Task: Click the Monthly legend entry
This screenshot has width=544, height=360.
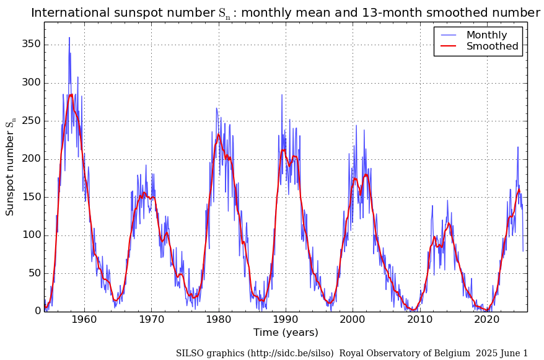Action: click(486, 35)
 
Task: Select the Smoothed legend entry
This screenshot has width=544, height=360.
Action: click(492, 46)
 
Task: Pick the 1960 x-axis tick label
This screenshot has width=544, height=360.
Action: click(84, 320)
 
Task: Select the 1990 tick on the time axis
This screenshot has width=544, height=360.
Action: click(286, 320)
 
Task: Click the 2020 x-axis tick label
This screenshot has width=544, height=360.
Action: click(487, 320)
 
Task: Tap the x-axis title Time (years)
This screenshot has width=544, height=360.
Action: click(286, 333)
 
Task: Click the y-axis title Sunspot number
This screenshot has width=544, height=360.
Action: click(11, 167)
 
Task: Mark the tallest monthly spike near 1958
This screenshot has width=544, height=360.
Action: click(69, 37)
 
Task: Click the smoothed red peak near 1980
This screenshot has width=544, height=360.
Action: click(218, 134)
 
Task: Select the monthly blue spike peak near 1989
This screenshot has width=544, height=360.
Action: click(281, 95)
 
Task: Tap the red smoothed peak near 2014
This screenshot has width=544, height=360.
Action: click(448, 223)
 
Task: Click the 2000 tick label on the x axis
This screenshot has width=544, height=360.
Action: click(353, 320)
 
